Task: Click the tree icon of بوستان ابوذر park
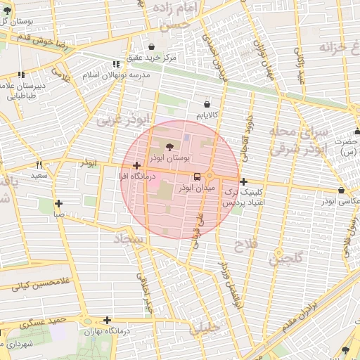(169, 146)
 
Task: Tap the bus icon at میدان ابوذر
(196, 176)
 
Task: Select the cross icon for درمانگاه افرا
(136, 165)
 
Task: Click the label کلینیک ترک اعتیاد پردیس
(243, 196)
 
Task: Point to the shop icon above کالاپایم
(206, 101)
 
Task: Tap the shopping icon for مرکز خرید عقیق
(151, 46)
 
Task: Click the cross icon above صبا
(58, 203)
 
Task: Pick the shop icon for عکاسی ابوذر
(342, 190)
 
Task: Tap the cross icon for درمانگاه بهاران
(107, 320)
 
